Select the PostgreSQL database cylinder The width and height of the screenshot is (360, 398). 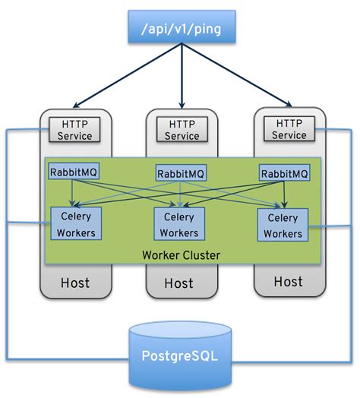pyautogui.click(x=181, y=354)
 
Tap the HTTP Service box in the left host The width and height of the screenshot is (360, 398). pyautogui.click(x=74, y=129)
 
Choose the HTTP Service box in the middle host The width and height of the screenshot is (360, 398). pyautogui.click(x=182, y=130)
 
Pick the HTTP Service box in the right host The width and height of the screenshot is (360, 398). pyautogui.click(x=288, y=129)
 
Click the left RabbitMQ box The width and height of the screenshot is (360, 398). pyautogui.click(x=74, y=172)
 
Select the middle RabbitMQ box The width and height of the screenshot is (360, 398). pyautogui.click(x=181, y=173)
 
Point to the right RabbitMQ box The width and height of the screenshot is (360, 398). pyautogui.click(x=284, y=173)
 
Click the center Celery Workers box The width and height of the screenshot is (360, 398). pyautogui.click(x=179, y=225)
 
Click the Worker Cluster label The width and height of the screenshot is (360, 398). pyautogui.click(x=182, y=255)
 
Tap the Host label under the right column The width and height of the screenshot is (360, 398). pyautogui.click(x=288, y=282)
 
